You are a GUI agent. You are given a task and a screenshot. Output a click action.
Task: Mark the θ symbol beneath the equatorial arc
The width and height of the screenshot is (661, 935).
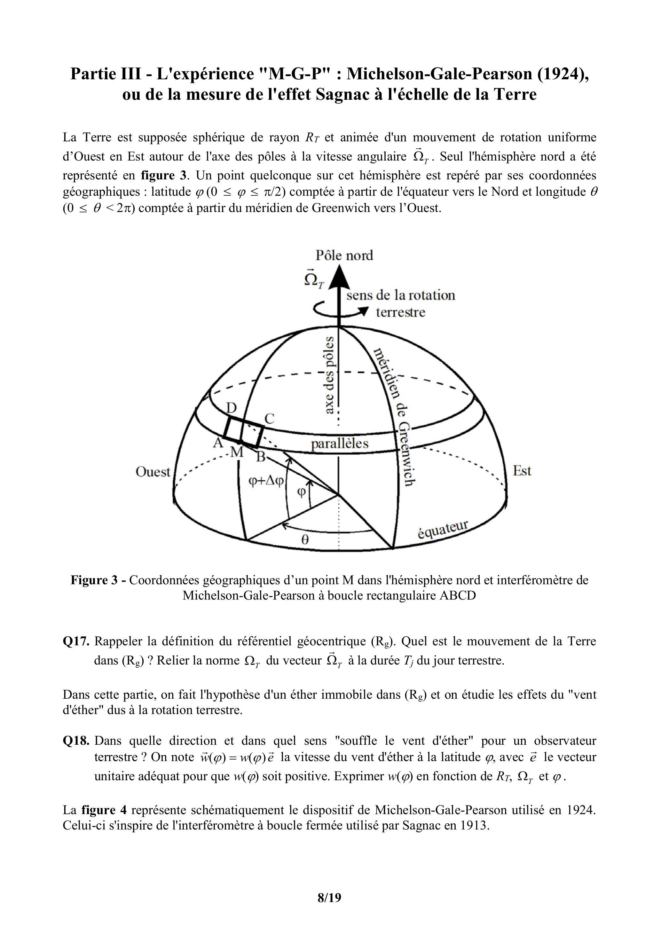tap(305, 540)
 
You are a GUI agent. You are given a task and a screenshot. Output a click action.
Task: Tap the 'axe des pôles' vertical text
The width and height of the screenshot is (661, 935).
tap(329, 375)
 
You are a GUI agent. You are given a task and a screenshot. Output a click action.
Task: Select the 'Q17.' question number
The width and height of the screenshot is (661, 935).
tap(76, 641)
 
